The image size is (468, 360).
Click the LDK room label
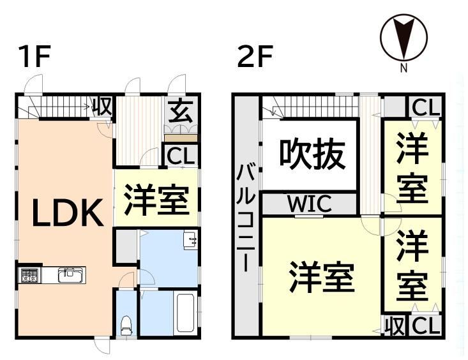pos(68,213)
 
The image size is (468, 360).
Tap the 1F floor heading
pos(34,56)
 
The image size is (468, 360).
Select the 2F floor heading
pos(255,56)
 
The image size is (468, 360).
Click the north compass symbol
pos(404,38)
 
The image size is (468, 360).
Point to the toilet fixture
pos(126,326)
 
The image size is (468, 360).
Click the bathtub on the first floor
pos(185,313)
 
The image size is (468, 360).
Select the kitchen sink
pos(70,275)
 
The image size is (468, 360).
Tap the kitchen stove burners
pos(29,275)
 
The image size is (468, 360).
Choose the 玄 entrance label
pos(181,112)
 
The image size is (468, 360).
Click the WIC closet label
pos(310,203)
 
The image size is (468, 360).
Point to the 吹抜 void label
pos(312,154)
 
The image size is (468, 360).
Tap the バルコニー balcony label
pos(245,219)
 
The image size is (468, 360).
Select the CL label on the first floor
pos(181,156)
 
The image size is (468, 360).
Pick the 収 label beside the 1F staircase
pos(102,107)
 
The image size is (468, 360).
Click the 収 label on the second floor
pos(395,326)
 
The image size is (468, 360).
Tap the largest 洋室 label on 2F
pos(322,276)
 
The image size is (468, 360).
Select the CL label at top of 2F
pos(426,107)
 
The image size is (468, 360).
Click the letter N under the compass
pos(404,69)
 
